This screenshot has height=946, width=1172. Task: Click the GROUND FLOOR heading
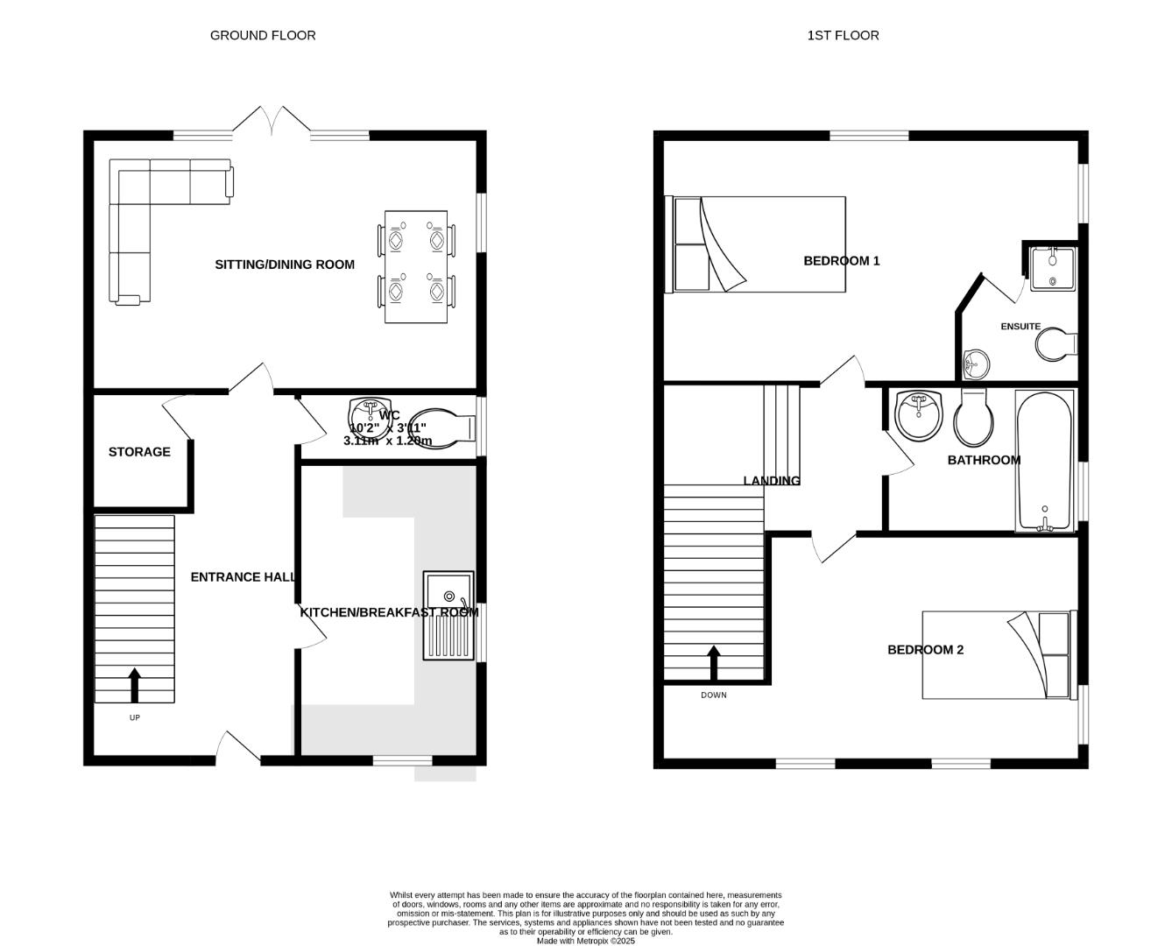coord(263,35)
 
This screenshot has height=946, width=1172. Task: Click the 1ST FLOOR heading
coord(843,35)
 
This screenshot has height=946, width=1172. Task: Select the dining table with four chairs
coord(416,266)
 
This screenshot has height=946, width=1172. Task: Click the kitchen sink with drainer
coord(448,615)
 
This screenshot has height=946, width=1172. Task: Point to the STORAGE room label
coord(139,452)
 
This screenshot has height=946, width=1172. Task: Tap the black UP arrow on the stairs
coord(134,685)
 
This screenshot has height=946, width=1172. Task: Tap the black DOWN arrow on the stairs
coord(714,663)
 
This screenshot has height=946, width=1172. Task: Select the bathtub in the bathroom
coord(1044,461)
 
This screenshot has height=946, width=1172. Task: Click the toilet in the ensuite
coord(1056,345)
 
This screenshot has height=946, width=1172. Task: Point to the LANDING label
coord(772,480)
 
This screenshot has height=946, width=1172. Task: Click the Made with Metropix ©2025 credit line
coord(585,941)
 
